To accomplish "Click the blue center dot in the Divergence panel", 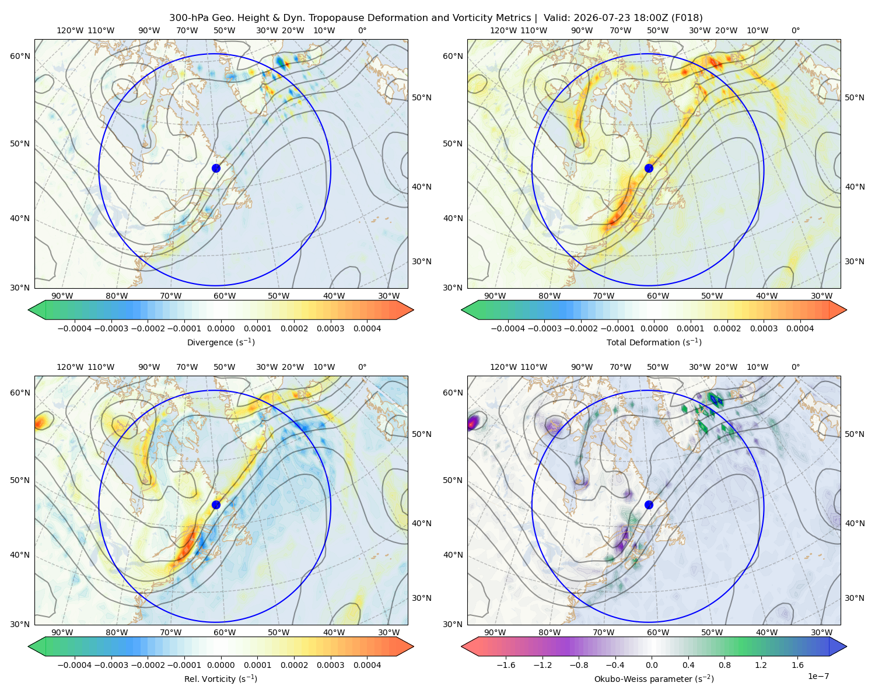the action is point(216,168).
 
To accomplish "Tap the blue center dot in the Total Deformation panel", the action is point(649,168).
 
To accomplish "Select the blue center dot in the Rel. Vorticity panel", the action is point(216,505).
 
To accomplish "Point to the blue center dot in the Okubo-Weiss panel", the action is point(649,505).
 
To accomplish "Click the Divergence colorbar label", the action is point(220,342).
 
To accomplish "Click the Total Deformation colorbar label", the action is point(654,342).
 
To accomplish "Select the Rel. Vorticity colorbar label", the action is point(220,678).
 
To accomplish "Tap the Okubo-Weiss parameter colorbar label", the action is point(654,678).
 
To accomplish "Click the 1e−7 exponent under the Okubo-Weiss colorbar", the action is point(818,676).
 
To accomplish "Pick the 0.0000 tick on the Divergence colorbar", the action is point(220,328).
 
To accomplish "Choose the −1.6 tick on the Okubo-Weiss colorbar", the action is point(506,665).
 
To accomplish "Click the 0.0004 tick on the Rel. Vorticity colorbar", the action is point(367,665).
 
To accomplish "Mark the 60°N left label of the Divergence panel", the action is point(20,56).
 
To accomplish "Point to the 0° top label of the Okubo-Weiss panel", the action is point(796,367).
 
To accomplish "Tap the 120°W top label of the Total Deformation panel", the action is point(503,30).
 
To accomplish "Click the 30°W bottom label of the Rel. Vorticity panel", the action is point(388,632).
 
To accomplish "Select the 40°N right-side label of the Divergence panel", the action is point(422,187).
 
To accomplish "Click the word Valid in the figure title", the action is point(556,18).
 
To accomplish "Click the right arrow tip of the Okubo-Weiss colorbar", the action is point(846,646).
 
